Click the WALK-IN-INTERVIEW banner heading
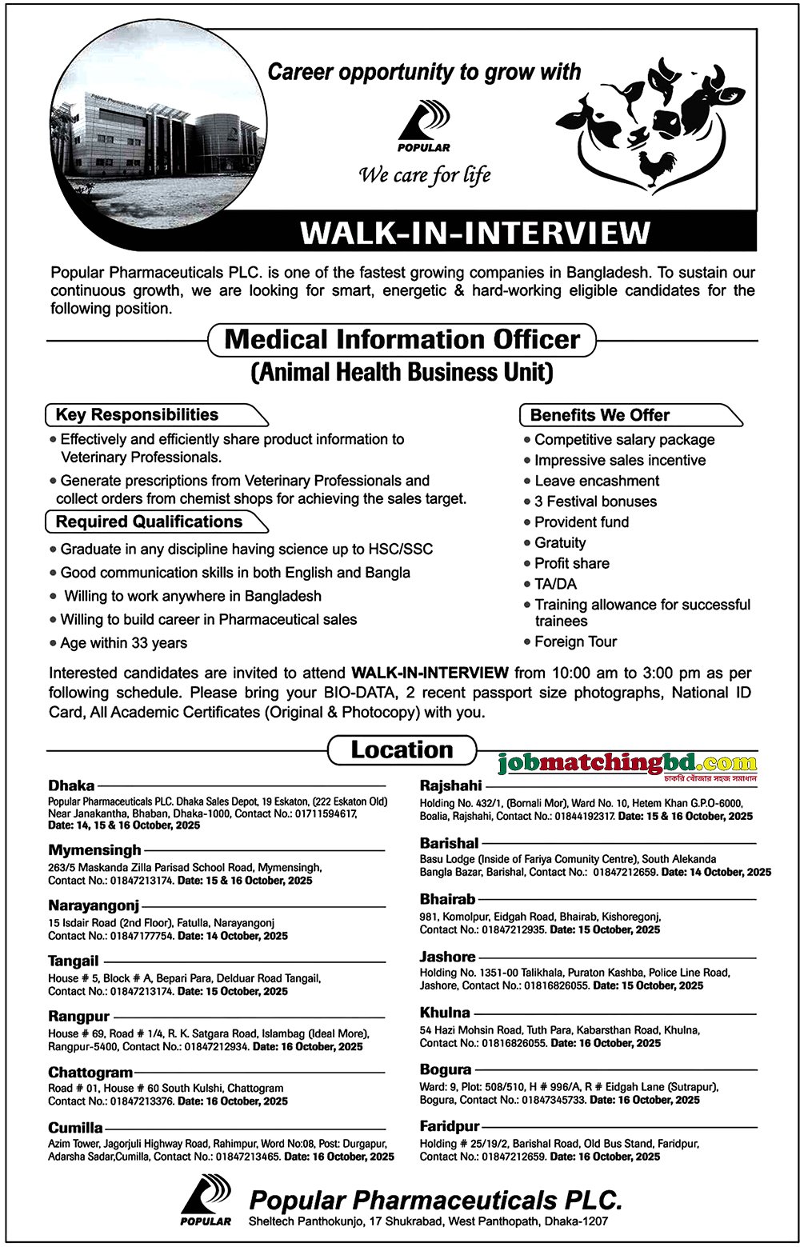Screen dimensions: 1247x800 474,232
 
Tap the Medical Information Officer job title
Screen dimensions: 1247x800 402,339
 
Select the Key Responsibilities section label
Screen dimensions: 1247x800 137,414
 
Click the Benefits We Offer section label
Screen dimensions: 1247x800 600,415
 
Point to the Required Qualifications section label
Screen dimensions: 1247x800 149,522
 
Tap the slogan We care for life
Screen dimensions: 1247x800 425,174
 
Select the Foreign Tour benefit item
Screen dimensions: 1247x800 575,641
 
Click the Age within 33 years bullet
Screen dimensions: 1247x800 124,643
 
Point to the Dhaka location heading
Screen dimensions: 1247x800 71,785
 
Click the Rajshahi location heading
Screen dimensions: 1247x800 451,785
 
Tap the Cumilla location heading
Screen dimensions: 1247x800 75,1128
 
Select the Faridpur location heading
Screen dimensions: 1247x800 450,1126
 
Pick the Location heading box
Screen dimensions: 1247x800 402,750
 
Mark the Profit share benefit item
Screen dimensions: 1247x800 571,563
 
